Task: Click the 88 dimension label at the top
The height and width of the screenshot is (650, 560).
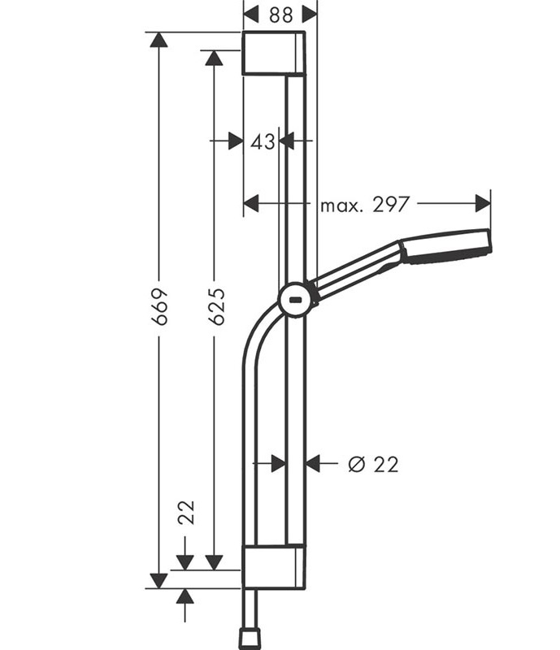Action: pos(281,15)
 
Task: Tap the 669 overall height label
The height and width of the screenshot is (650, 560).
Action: pos(160,307)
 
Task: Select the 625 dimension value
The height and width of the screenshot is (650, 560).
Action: pos(216,306)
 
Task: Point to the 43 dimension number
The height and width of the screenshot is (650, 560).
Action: pos(263,141)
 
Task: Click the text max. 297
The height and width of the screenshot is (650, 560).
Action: pos(365,205)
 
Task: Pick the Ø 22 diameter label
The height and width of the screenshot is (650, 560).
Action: pos(373,464)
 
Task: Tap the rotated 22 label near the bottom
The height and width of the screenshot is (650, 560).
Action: pos(186,513)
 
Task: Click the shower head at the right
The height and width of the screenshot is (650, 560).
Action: pos(447,247)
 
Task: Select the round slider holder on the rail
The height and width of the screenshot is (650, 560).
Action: pos(295,300)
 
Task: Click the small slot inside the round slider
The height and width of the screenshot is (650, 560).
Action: pos(296,299)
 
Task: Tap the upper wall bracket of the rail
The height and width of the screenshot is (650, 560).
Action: pos(274,54)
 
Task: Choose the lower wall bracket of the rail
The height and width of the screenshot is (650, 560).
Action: pos(274,566)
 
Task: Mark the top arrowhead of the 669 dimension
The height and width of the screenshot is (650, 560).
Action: pos(158,39)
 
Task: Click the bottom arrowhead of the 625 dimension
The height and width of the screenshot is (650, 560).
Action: pos(215,562)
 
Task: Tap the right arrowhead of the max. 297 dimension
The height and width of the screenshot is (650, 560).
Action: pos(483,203)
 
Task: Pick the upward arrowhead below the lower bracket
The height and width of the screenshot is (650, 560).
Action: pos(185,596)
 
